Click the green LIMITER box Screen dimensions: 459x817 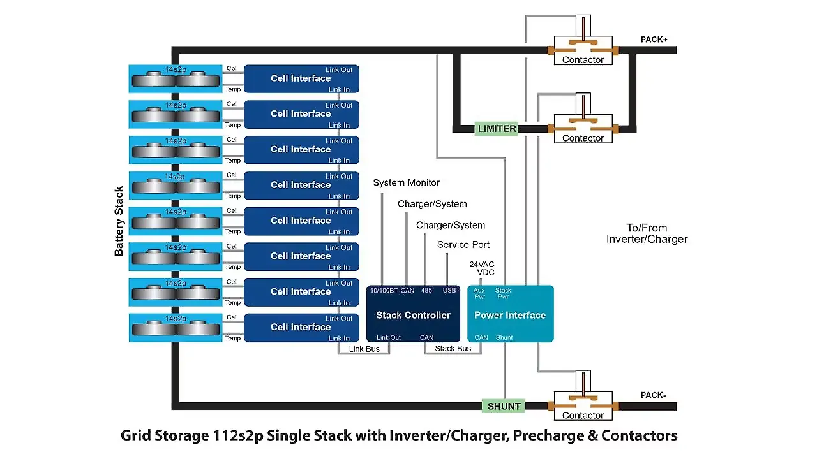click(x=497, y=128)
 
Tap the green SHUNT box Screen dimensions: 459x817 click(x=504, y=406)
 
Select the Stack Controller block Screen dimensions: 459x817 click(x=413, y=314)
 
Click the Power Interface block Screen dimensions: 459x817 click(x=510, y=314)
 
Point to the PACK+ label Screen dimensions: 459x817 click(x=654, y=40)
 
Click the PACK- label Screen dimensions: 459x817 click(x=653, y=395)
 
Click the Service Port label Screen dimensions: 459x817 click(x=463, y=245)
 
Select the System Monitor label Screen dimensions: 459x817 click(x=406, y=183)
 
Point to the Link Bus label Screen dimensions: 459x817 click(x=364, y=349)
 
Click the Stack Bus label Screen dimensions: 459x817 click(x=453, y=349)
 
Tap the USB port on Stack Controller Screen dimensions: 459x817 click(x=449, y=291)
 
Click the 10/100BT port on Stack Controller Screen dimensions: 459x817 click(x=384, y=291)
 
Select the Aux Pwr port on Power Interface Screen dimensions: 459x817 click(x=479, y=294)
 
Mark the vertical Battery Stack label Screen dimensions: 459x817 click(x=119, y=221)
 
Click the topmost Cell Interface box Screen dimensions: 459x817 click(x=301, y=78)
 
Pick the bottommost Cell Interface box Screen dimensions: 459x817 click(x=301, y=327)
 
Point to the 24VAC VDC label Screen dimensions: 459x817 click(x=482, y=268)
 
